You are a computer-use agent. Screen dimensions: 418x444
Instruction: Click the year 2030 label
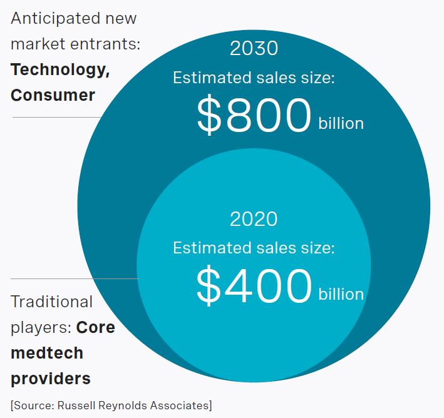click(x=254, y=49)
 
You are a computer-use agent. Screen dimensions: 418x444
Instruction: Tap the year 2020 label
click(x=254, y=219)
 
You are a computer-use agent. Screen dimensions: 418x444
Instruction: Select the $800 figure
click(x=254, y=116)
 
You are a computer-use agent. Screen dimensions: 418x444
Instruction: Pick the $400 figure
click(x=254, y=286)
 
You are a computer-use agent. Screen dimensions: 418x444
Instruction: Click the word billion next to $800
click(x=341, y=123)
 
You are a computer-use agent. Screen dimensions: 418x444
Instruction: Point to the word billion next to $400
click(x=341, y=293)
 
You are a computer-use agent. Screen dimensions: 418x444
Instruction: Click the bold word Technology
click(x=60, y=69)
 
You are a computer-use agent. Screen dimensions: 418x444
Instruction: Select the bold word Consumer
click(x=53, y=95)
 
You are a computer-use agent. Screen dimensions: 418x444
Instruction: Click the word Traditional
click(x=51, y=302)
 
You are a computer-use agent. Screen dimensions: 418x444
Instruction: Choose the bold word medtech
click(x=46, y=353)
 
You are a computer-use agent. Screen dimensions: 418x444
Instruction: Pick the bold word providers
click(x=50, y=379)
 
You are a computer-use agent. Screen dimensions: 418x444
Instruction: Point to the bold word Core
click(x=96, y=327)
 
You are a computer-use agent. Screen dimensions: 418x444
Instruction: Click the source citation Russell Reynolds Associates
click(x=111, y=405)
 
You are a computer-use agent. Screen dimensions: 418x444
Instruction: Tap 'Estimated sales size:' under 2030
click(x=254, y=78)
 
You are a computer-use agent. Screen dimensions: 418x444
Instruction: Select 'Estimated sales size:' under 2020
click(x=254, y=248)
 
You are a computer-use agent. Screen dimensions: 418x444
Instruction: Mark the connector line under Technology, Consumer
click(x=56, y=117)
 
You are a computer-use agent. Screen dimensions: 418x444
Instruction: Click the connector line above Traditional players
click(x=74, y=278)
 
